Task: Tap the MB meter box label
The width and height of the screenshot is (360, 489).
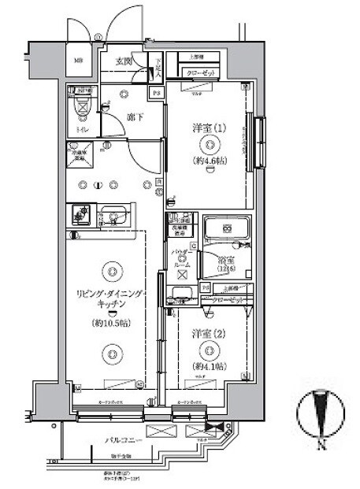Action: (x=79, y=61)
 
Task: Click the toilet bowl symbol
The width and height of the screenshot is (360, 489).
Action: (x=81, y=107)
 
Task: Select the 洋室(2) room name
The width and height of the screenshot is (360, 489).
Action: (x=207, y=332)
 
